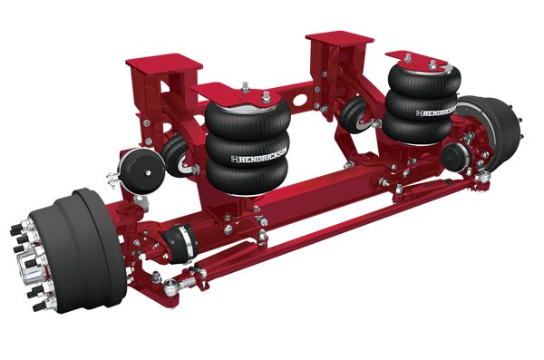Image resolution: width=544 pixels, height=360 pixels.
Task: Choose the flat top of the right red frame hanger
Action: (x=340, y=40)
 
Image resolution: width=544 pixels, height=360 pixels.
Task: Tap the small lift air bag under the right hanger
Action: (x=356, y=114)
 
